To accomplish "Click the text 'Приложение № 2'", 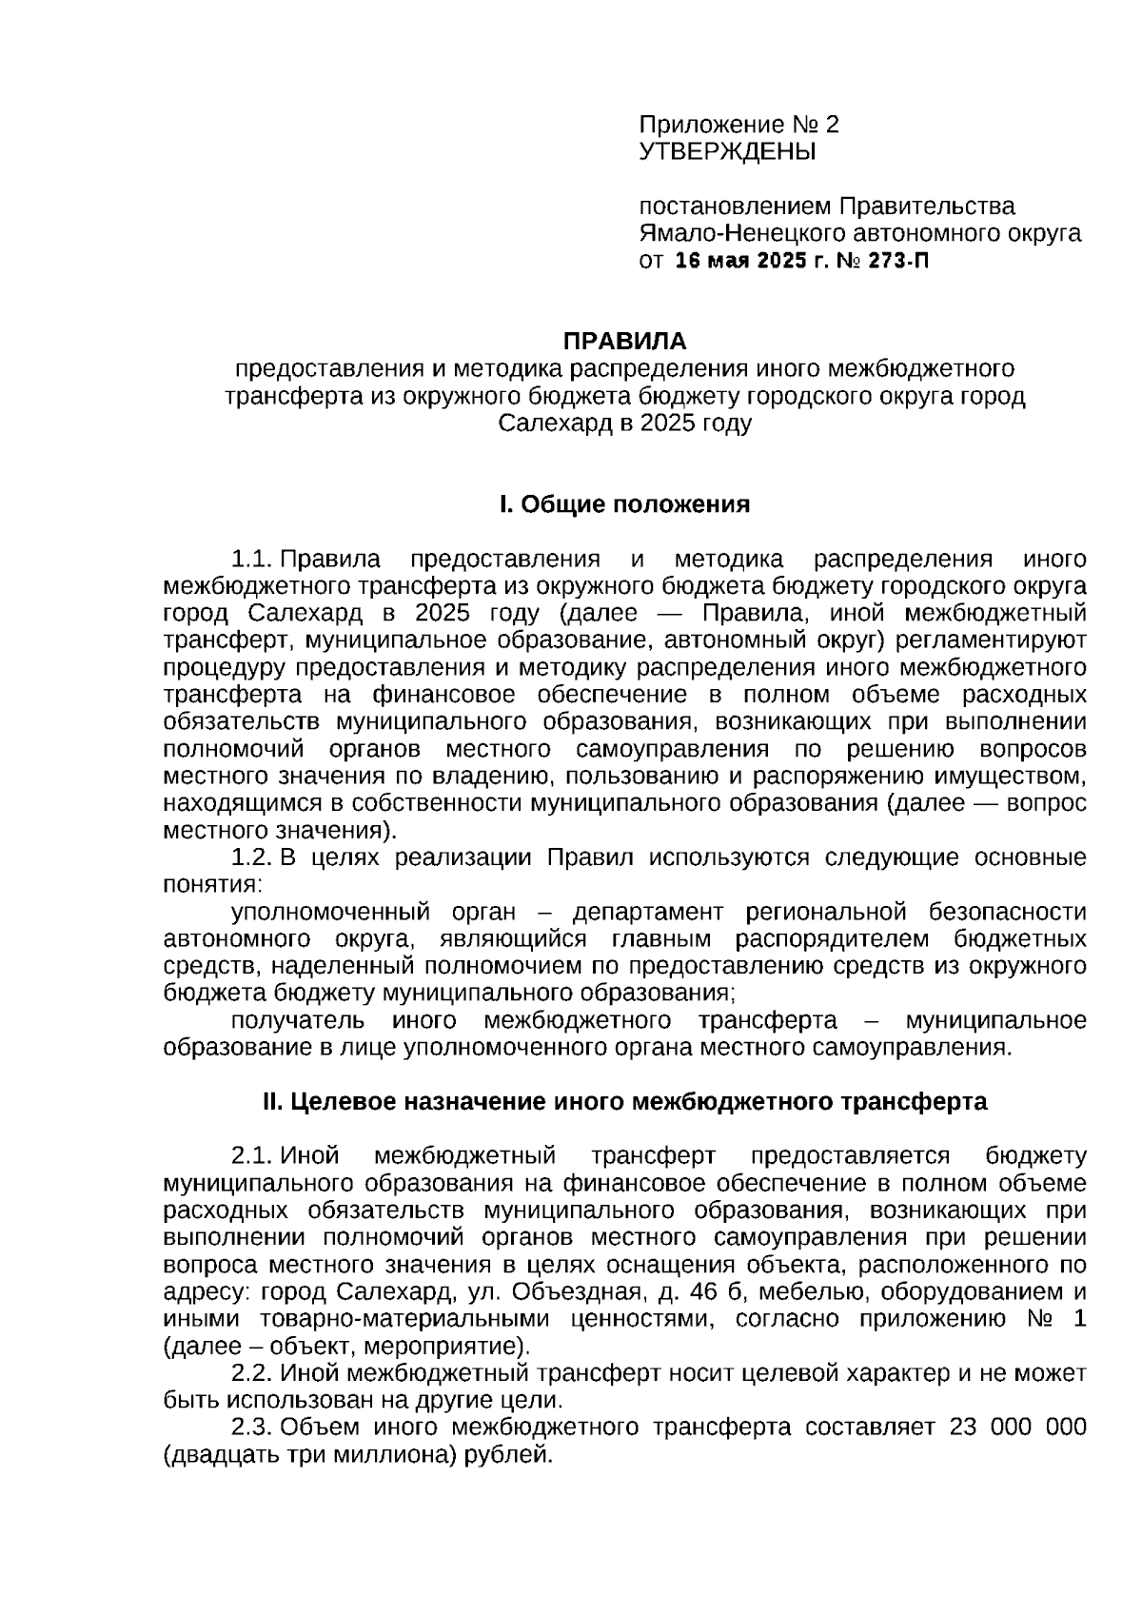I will click(x=738, y=125).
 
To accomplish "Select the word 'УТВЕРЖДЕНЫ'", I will click(x=727, y=151).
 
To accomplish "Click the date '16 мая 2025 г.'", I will click(x=752, y=261).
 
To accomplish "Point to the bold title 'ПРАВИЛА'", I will click(x=624, y=341).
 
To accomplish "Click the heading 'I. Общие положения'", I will click(x=624, y=504).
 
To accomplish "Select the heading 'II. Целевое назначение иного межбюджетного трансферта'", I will click(x=624, y=1102).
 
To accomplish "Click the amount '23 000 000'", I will click(x=1017, y=1428).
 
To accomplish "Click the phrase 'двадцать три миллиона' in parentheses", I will click(x=310, y=1455).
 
